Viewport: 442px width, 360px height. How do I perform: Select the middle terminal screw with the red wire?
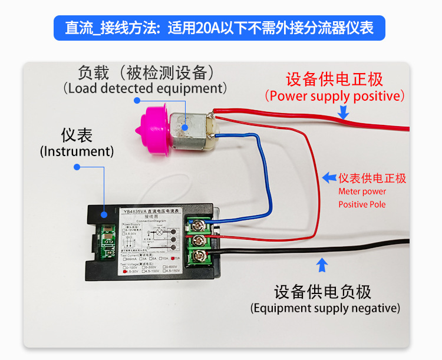pos(199,240)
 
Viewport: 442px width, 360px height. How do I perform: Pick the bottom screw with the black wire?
pos(200,257)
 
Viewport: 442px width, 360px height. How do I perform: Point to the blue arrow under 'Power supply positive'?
pos(344,111)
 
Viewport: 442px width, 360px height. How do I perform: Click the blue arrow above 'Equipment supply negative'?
pos(322,266)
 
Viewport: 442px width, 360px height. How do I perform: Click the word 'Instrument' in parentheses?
pos(77,151)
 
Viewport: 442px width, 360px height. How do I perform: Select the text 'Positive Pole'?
pos(362,204)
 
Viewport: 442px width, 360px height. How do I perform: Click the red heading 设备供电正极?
pos(334,80)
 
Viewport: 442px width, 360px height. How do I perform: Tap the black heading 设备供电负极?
pos(323,292)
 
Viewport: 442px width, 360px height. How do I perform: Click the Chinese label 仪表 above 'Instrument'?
pos(77,135)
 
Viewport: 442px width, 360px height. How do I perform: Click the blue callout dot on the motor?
pos(184,125)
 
